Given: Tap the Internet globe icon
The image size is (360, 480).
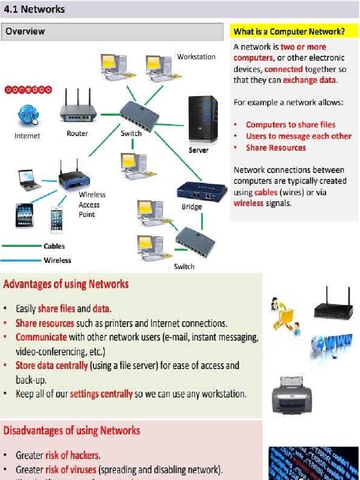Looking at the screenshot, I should [27, 115].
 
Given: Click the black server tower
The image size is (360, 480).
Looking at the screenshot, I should [202, 120].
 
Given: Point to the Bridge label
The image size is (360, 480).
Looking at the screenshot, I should [192, 207].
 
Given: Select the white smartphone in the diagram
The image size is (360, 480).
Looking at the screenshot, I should [57, 218].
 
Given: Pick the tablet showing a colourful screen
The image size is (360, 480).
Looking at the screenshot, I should [24, 215].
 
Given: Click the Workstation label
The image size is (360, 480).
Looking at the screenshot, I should [196, 57].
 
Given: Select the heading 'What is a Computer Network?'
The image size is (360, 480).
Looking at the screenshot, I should [289, 32].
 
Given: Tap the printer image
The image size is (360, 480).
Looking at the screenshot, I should [292, 394].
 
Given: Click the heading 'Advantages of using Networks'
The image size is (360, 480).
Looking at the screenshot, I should [66, 284].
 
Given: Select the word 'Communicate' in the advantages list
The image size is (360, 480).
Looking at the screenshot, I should [41, 337].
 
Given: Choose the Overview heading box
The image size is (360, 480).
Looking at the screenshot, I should [112, 31].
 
